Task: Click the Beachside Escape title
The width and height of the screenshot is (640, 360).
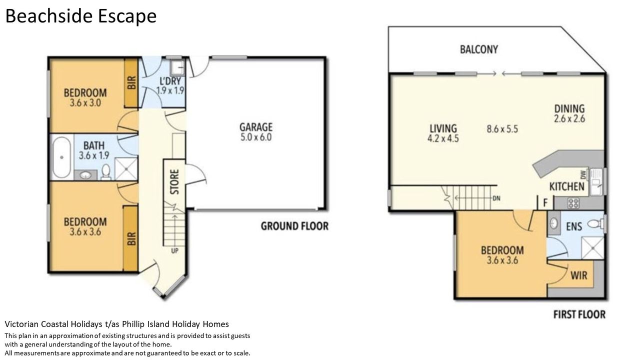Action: (81, 16)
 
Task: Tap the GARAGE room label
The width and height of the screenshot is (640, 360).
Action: (256, 127)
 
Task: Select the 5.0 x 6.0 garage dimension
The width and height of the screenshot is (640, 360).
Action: (256, 137)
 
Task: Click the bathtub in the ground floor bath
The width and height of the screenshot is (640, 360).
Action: (61, 157)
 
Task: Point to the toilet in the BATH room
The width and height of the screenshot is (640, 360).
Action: (106, 172)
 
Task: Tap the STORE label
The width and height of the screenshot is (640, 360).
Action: (174, 182)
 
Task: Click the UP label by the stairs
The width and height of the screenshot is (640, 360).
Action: (174, 251)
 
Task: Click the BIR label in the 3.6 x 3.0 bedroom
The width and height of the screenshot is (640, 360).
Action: (131, 83)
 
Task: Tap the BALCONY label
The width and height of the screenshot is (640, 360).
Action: (479, 49)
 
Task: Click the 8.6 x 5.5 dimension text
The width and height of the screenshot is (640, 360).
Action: (502, 129)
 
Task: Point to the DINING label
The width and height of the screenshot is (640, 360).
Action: (569, 108)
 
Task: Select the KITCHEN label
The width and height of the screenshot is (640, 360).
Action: (567, 186)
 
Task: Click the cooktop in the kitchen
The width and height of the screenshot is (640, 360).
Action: (573, 203)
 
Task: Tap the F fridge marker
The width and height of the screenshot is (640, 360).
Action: (545, 203)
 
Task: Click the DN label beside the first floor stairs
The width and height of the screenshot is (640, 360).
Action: (496, 198)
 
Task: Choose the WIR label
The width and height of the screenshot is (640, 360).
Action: (579, 275)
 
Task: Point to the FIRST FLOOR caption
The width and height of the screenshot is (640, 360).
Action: (579, 314)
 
